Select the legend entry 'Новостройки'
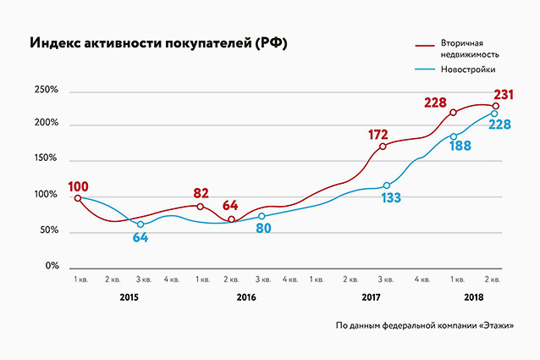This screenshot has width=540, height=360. click(467, 69)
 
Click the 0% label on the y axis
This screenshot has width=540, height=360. click(50, 266)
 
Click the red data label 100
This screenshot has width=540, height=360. click(79, 186)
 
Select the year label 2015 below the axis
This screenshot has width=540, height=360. click(129, 297)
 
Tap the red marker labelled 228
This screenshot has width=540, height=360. click(454, 113)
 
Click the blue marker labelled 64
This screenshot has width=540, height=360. click(141, 224)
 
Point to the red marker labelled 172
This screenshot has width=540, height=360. click(383, 147)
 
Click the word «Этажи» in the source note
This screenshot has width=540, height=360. click(495, 326)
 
